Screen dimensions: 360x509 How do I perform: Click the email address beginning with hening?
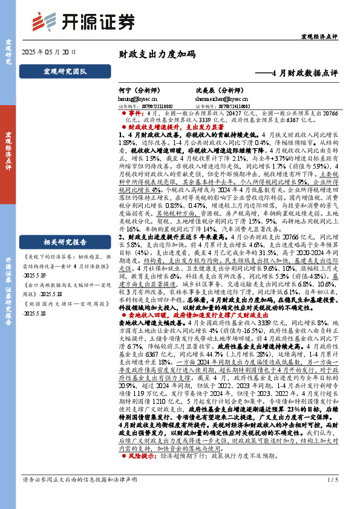137,97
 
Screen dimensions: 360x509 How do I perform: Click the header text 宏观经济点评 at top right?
319,37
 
